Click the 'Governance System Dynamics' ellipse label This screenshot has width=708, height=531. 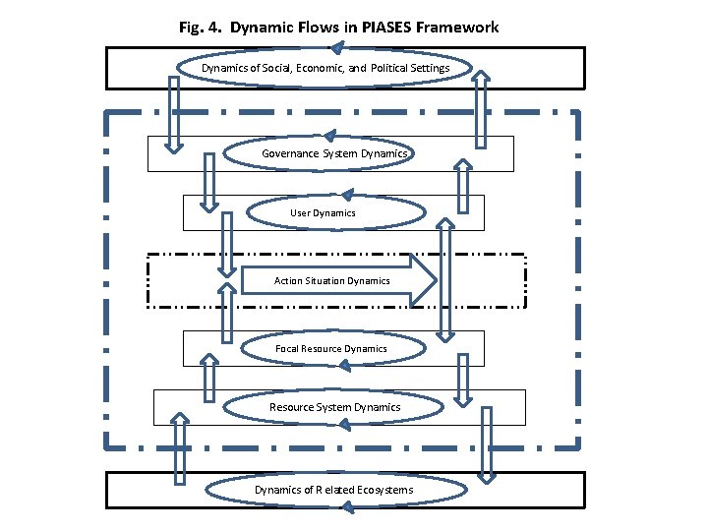click(334, 153)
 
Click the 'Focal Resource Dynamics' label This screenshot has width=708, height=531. click(330, 348)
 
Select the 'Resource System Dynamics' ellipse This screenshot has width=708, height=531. click(334, 407)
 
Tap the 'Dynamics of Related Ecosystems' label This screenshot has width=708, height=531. click(334, 490)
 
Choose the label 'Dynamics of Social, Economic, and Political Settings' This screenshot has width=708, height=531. click(326, 68)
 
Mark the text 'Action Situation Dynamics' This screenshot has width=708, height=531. click(331, 280)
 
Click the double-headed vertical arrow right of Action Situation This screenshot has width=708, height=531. click(445, 280)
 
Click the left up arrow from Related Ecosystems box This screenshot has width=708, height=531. click(180, 450)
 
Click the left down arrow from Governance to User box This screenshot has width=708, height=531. click(208, 182)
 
